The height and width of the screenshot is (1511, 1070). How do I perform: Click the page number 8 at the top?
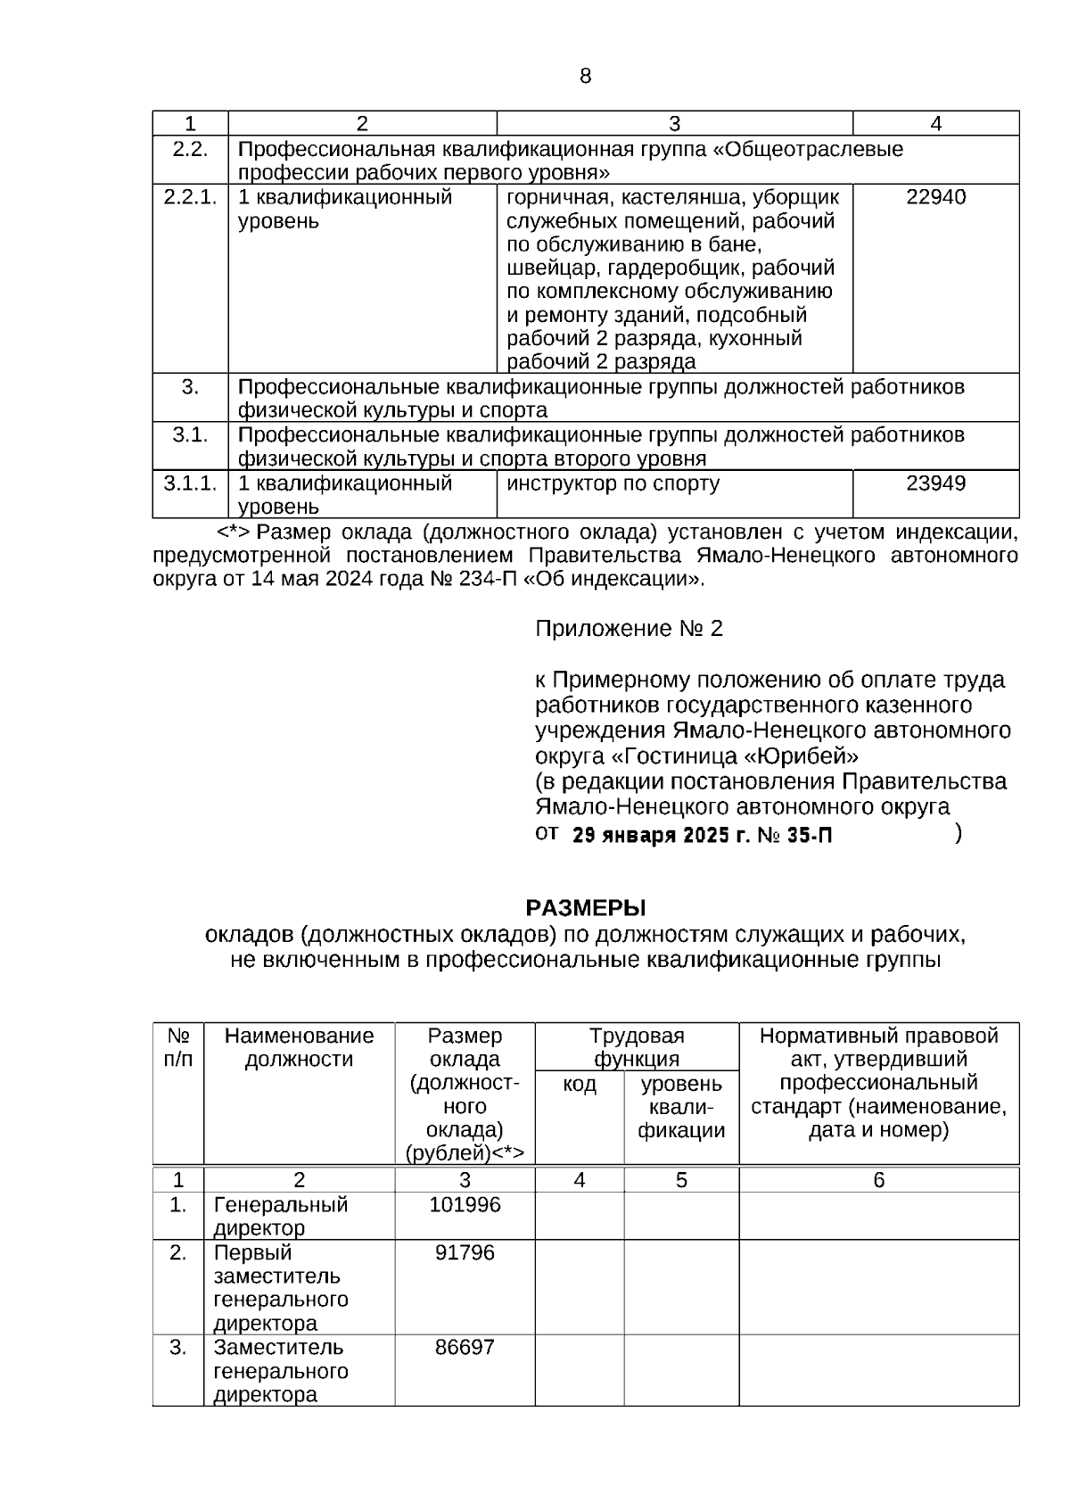point(585,77)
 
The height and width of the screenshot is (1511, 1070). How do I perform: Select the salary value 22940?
point(935,197)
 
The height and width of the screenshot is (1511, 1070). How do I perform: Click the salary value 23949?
point(935,483)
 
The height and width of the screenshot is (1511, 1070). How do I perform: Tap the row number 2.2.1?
point(190,197)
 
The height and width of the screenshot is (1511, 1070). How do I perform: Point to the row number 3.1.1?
point(190,483)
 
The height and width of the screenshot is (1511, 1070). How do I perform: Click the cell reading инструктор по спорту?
point(613,483)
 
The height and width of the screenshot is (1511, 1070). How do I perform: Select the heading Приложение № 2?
point(629,629)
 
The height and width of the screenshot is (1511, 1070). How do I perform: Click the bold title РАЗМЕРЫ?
point(585,908)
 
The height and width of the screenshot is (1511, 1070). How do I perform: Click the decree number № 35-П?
point(794,836)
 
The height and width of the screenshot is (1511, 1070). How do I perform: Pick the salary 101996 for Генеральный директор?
point(465,1205)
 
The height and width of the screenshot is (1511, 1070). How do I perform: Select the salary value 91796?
point(465,1253)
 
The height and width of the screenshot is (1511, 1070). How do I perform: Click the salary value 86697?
point(465,1348)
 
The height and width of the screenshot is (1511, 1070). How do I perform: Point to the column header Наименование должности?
point(299,1047)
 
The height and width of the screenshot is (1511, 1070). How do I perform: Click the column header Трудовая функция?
point(637,1047)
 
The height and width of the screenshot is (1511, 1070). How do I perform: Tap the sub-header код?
point(580,1085)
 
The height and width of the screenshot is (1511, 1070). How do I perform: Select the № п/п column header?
point(178,1047)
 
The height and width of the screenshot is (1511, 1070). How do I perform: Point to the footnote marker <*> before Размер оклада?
point(234,533)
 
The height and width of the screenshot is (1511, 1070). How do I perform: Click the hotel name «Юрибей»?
point(802,756)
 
